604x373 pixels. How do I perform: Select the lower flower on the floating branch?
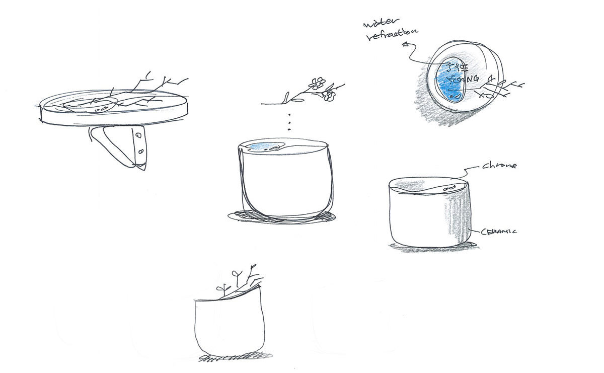point(330,94)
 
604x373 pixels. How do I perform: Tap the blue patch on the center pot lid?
point(262,146)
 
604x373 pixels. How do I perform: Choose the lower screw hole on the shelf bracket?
point(141,151)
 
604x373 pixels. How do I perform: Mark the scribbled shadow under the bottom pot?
point(226,358)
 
